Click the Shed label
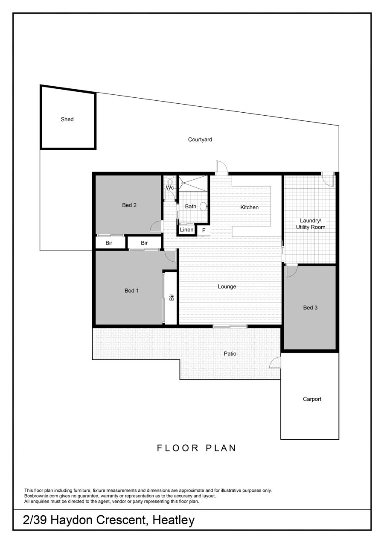(67, 119)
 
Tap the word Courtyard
(200, 140)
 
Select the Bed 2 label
(129, 205)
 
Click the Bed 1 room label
(131, 290)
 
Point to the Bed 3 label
(310, 308)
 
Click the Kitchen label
(249, 207)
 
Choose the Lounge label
(227, 286)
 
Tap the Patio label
(230, 354)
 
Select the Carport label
(312, 399)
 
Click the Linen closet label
(186, 230)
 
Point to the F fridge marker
(204, 230)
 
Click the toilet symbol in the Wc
(170, 181)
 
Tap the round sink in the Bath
(204, 207)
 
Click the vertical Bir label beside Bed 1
(172, 297)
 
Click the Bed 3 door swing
(292, 271)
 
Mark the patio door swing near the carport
(276, 363)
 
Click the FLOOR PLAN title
(196, 448)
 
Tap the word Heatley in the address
(174, 520)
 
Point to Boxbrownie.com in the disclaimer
(41, 496)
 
